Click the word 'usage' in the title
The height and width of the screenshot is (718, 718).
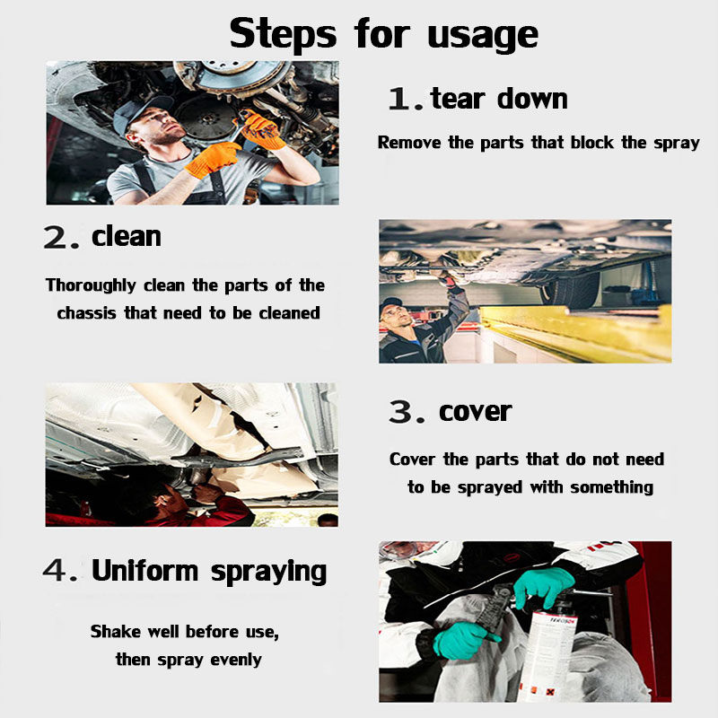(x=483, y=35)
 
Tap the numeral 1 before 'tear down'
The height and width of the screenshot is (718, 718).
(x=399, y=99)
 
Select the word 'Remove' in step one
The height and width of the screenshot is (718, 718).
(x=409, y=143)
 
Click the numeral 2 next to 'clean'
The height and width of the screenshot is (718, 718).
(x=56, y=237)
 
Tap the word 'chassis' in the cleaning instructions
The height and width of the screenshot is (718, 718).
(x=86, y=313)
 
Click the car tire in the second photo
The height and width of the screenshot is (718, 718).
(x=570, y=288)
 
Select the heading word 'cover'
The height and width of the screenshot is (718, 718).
(x=475, y=412)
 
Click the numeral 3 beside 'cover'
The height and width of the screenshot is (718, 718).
(x=400, y=412)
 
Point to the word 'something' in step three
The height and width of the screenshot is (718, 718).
(x=612, y=487)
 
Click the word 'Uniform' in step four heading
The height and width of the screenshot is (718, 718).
(x=144, y=571)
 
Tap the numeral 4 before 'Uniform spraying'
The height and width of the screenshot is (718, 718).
(x=55, y=571)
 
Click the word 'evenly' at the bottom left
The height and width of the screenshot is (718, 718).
(x=236, y=660)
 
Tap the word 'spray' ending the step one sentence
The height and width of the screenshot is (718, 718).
(x=677, y=144)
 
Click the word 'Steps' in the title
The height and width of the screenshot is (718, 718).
(x=283, y=33)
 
